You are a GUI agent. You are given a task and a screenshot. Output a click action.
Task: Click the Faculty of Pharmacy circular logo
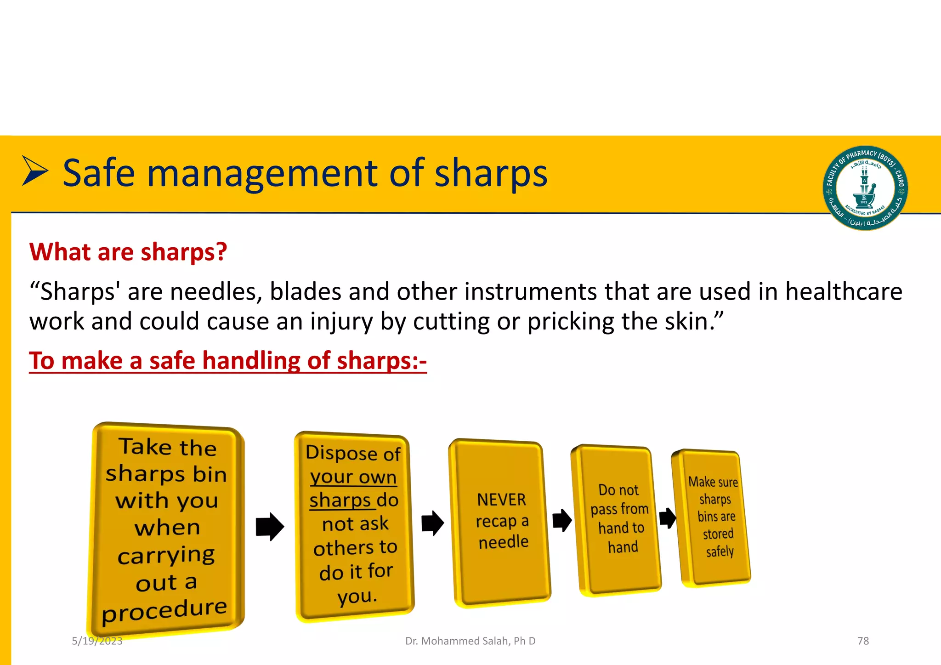(865, 188)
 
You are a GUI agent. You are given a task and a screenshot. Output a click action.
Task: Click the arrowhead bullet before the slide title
(34, 171)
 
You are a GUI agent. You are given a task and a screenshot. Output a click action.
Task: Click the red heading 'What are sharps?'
(128, 252)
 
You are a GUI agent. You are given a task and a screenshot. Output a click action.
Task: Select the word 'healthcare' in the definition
(844, 292)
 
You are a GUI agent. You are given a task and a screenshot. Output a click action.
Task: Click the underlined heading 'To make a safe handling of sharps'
(227, 361)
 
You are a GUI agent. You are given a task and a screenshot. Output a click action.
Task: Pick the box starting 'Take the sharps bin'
(166, 529)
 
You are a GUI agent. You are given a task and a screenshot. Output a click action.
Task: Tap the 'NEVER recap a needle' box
(502, 522)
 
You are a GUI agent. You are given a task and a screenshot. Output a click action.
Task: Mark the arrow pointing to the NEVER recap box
(432, 523)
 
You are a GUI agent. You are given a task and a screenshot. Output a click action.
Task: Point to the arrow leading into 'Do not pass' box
(562, 520)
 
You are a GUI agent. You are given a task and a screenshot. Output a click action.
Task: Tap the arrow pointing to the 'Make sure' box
(668, 518)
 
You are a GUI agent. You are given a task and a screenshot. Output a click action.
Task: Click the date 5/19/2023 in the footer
(97, 641)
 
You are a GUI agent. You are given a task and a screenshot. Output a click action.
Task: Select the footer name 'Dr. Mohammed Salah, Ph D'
(470, 641)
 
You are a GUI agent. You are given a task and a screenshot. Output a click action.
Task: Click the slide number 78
(863, 641)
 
